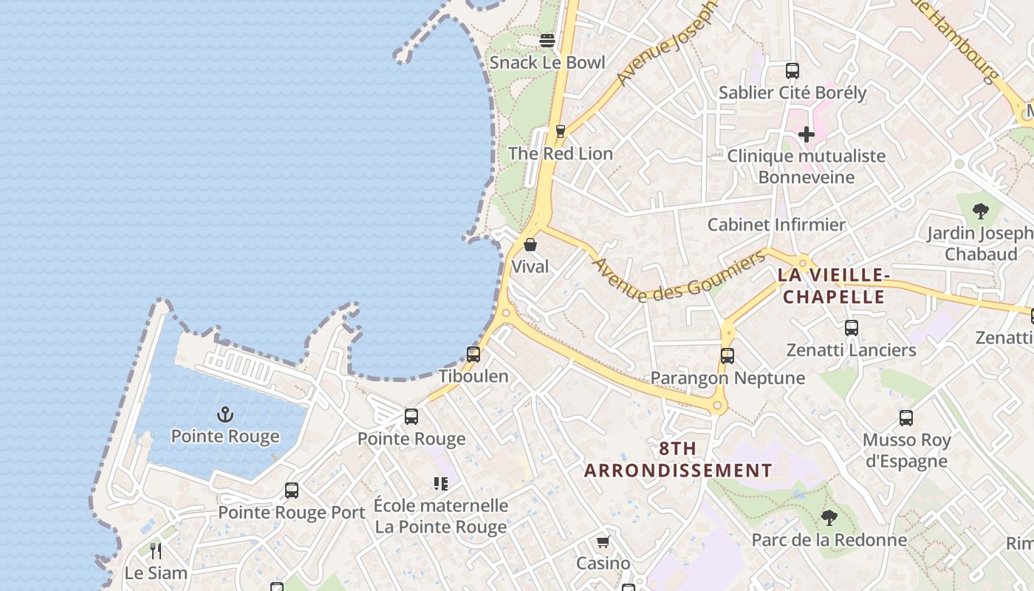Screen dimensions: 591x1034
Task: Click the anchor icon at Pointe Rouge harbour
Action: click(225, 414)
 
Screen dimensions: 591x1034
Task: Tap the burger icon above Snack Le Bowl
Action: click(547, 41)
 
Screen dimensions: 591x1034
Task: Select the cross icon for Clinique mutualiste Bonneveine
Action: click(807, 134)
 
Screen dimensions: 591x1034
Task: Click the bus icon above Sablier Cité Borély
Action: click(792, 71)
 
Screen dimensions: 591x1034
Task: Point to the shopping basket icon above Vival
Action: click(530, 245)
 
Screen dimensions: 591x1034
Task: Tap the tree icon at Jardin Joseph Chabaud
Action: click(980, 211)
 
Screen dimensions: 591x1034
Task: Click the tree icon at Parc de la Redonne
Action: click(829, 518)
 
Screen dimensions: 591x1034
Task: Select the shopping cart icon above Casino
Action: click(603, 542)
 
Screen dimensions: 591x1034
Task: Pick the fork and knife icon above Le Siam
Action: click(156, 550)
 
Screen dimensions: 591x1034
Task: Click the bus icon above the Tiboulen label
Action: click(473, 355)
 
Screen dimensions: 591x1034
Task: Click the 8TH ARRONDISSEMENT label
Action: click(678, 459)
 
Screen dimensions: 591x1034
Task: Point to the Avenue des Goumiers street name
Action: click(679, 277)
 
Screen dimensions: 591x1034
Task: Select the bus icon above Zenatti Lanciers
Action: click(852, 328)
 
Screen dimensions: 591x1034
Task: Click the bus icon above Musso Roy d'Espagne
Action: click(906, 418)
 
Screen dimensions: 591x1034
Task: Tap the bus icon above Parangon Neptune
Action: click(727, 356)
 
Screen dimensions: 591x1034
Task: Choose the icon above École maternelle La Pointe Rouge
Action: click(441, 484)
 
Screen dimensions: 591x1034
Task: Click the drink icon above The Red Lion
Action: click(560, 131)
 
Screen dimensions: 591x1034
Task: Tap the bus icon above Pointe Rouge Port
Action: click(292, 491)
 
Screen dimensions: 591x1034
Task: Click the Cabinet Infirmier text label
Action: click(776, 225)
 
